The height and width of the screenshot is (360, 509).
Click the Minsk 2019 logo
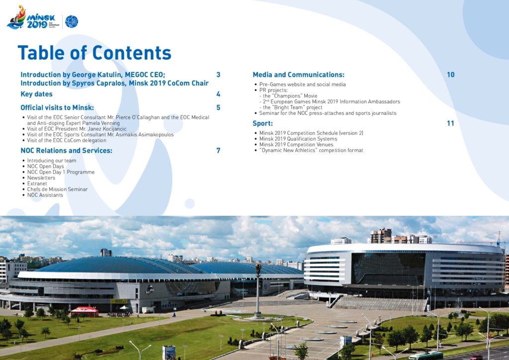pyautogui.click(x=32, y=18)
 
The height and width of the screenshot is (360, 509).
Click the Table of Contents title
pyautogui.click(x=94, y=53)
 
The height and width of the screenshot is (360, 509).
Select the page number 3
pyautogui.click(x=218, y=75)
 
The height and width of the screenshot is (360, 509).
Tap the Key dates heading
pyautogui.click(x=36, y=94)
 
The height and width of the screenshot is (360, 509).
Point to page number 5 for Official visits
pyautogui.click(x=218, y=107)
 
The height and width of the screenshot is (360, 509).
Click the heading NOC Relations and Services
pyautogui.click(x=66, y=151)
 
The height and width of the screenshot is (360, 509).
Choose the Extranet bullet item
pyautogui.click(x=37, y=183)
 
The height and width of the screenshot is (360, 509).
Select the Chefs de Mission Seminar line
pyautogui.click(x=58, y=189)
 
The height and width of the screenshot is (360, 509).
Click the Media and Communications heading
pyautogui.click(x=298, y=75)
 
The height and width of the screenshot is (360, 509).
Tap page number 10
pyautogui.click(x=450, y=75)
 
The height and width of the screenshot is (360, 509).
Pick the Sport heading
pyautogui.click(x=262, y=123)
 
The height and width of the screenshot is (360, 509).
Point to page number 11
pyautogui.click(x=450, y=123)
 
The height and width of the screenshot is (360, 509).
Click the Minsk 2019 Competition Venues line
pyautogui.click(x=296, y=145)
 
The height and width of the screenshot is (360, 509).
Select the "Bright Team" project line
pyautogui.click(x=292, y=107)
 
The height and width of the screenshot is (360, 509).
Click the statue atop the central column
pyautogui.click(x=258, y=269)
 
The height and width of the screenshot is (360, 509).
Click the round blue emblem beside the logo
pyautogui.click(x=72, y=21)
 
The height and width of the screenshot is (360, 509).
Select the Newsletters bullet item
pyautogui.click(x=41, y=178)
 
